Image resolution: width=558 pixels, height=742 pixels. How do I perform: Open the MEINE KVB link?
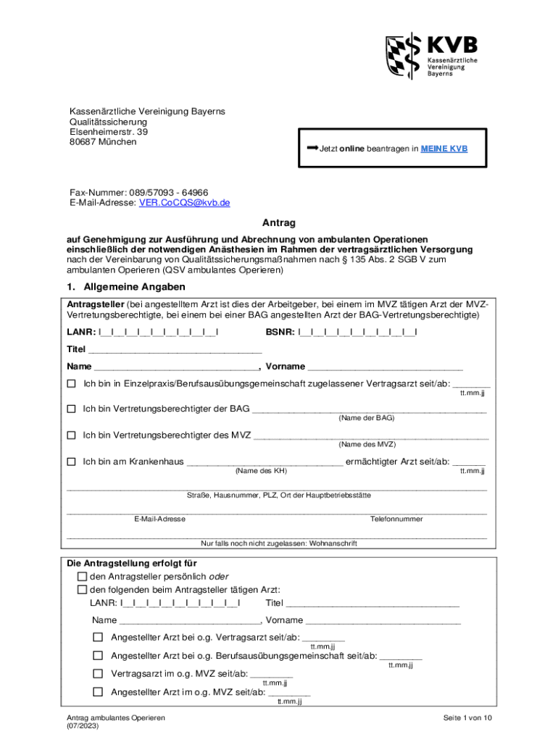coord(444,149)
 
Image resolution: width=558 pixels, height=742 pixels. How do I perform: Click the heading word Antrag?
coord(279,223)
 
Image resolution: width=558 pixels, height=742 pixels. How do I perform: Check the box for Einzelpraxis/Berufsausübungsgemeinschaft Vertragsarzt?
coord(71,383)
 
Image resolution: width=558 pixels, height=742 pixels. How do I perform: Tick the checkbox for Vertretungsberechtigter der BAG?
coord(71,409)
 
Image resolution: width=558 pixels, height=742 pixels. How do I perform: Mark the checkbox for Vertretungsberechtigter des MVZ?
coord(71,435)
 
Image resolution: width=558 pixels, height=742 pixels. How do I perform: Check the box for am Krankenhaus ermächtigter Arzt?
coord(71,462)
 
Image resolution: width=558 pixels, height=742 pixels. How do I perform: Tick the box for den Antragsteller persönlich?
coord(82,576)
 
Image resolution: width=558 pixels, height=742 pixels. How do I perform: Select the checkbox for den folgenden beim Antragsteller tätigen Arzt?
coord(82,589)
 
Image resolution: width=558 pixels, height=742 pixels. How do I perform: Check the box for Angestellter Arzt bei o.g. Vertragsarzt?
coord(98,637)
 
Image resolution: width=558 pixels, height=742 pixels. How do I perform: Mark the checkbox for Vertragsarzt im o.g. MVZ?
coord(98,673)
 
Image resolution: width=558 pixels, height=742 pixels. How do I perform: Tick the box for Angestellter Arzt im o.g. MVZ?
coord(98,692)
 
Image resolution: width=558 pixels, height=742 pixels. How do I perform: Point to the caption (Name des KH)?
coord(262,471)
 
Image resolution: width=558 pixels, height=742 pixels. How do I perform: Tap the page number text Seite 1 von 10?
coord(468,717)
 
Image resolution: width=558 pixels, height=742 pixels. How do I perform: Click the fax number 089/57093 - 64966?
coord(167,192)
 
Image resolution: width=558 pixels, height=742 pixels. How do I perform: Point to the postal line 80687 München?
coord(102,142)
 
